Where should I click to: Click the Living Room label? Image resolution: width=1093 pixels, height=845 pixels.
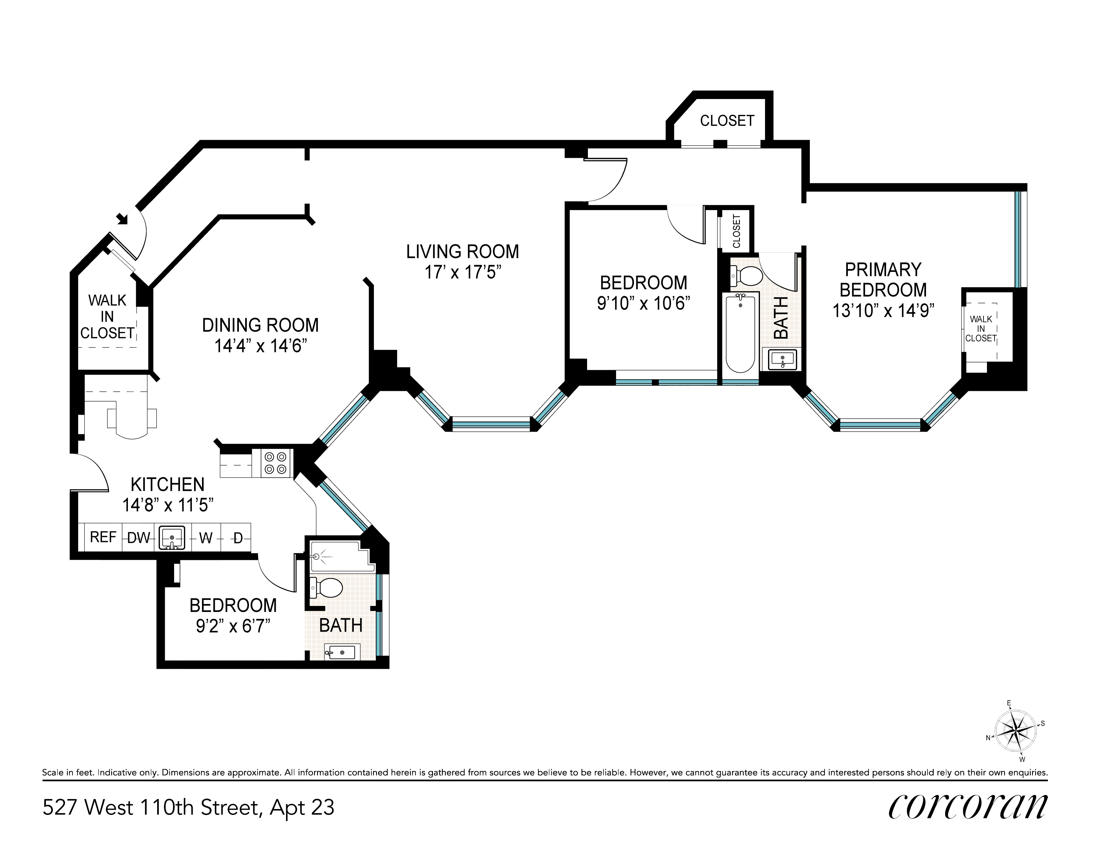(462, 251)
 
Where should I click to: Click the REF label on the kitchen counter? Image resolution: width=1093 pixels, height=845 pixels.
(103, 537)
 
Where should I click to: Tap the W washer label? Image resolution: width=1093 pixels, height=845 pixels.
(206, 538)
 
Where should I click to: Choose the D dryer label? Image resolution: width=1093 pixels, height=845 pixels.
(238, 538)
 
